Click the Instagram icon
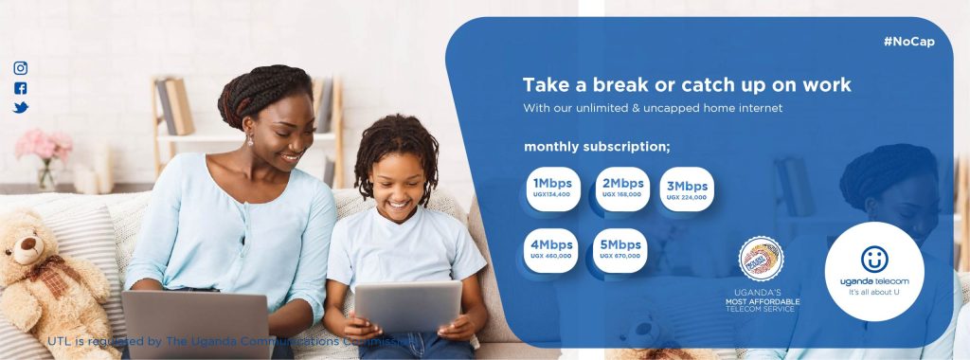click(x=21, y=68)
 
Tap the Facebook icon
click(x=21, y=88)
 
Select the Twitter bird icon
click(x=21, y=108)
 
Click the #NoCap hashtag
click(x=908, y=42)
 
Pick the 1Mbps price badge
click(x=552, y=188)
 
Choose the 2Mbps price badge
click(x=621, y=188)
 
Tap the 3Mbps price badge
click(x=687, y=187)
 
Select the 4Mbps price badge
click(x=551, y=249)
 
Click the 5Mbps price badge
click(x=620, y=249)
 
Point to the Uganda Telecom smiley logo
click(x=874, y=259)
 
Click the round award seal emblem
click(x=762, y=260)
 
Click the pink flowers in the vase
click(x=44, y=145)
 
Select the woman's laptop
click(x=196, y=323)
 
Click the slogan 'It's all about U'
click(x=874, y=292)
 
